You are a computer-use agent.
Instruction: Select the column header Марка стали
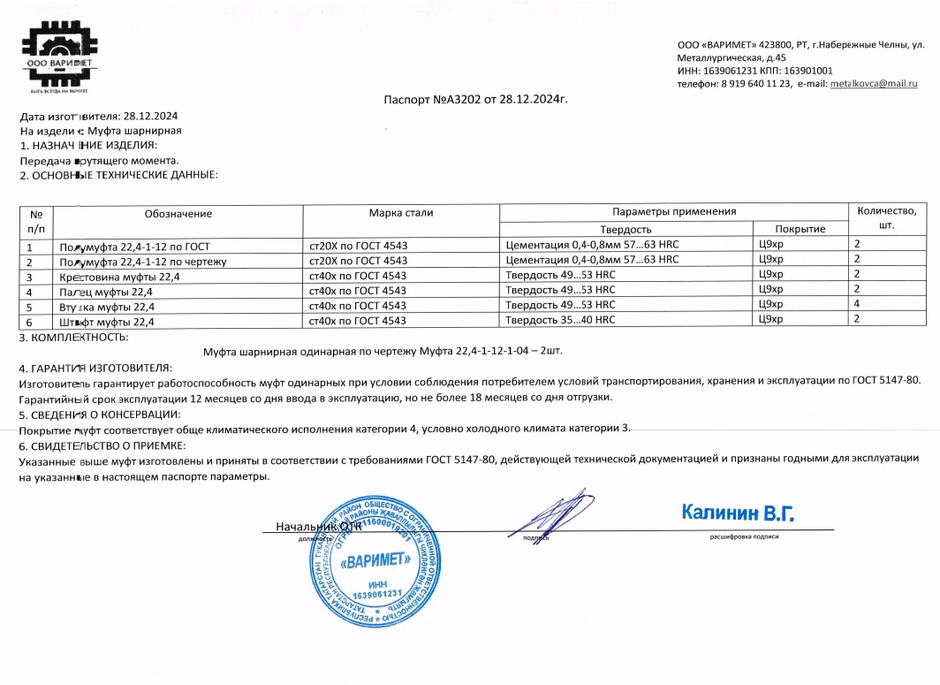coord(400,213)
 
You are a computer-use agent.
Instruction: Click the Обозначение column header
coord(178,213)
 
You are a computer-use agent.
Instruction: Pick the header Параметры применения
coord(673,212)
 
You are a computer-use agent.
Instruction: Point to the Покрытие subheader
coord(800,229)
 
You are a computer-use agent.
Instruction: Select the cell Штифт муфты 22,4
coord(106,321)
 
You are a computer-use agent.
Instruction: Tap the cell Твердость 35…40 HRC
coord(560,320)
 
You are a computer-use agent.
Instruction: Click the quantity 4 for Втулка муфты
coord(856,305)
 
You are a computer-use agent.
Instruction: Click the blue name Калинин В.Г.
coord(738,513)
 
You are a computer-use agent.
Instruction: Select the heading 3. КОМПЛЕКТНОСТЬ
coord(74,338)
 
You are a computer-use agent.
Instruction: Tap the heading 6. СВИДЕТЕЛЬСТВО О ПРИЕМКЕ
coord(102,445)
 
